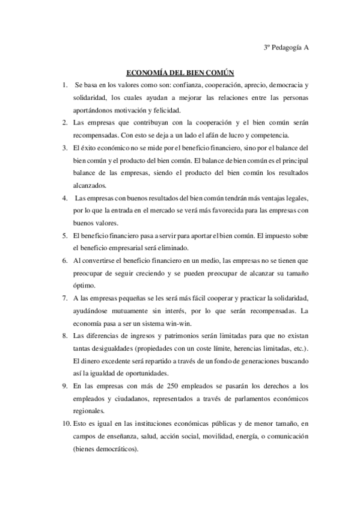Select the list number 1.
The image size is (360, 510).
[x=64, y=85]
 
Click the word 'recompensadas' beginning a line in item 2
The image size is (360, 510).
[x=97, y=134]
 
